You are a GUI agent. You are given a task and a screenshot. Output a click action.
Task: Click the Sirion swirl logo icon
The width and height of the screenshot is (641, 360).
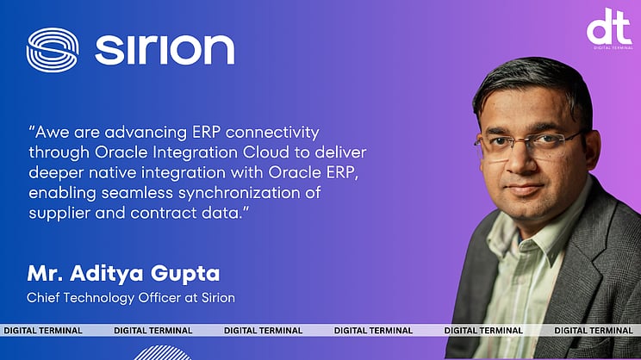point(52,49)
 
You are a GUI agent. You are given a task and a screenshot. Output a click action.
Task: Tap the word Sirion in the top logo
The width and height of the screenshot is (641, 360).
point(165,50)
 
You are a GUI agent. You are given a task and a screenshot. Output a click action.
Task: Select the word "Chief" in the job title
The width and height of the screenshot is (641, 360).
point(44,298)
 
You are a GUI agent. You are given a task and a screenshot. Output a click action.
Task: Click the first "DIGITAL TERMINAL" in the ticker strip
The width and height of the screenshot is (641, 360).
point(43,330)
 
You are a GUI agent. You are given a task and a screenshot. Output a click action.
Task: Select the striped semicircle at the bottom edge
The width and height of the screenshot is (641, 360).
point(164,353)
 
